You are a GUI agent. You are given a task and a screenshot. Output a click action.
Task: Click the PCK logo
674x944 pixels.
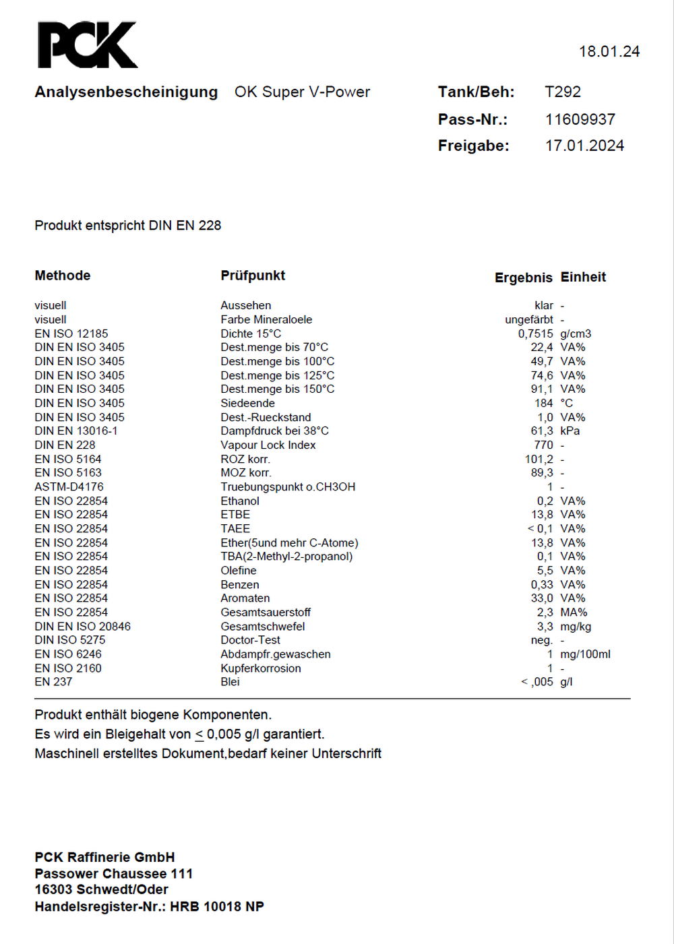(87, 45)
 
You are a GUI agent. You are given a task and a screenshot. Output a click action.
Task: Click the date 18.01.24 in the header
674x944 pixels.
(609, 52)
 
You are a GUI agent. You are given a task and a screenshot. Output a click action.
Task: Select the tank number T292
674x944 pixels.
(562, 92)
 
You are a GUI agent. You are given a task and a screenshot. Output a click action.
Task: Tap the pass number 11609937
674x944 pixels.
(580, 120)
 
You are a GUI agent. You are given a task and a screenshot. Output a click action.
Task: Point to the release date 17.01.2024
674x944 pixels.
(584, 146)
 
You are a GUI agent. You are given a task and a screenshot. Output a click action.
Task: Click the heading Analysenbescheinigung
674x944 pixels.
(126, 92)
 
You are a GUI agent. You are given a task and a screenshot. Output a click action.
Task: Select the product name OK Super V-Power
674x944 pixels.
(302, 92)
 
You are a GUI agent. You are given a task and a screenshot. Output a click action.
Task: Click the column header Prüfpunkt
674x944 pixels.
(253, 276)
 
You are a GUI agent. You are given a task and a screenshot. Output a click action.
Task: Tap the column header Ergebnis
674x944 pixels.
(523, 278)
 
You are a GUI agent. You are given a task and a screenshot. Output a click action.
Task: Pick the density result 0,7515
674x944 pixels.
(535, 334)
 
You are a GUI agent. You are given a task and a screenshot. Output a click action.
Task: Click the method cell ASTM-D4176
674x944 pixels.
(69, 486)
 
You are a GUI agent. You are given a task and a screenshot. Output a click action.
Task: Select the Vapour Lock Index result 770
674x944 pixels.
(543, 445)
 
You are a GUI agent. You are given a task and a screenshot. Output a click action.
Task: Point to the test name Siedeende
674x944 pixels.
(247, 403)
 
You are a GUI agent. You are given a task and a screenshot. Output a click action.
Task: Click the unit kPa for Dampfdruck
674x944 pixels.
(570, 431)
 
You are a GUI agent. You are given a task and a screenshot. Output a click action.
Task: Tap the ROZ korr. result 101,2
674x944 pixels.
(539, 459)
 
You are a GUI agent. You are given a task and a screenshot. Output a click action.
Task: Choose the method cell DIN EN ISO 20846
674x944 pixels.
(82, 626)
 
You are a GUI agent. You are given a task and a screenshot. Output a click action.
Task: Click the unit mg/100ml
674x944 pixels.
(585, 654)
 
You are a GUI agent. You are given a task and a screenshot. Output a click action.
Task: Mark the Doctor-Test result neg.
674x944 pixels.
(541, 640)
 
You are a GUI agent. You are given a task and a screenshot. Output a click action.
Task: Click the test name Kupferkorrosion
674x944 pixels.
(260, 668)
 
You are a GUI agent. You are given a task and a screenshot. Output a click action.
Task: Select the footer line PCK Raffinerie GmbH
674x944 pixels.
(104, 857)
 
